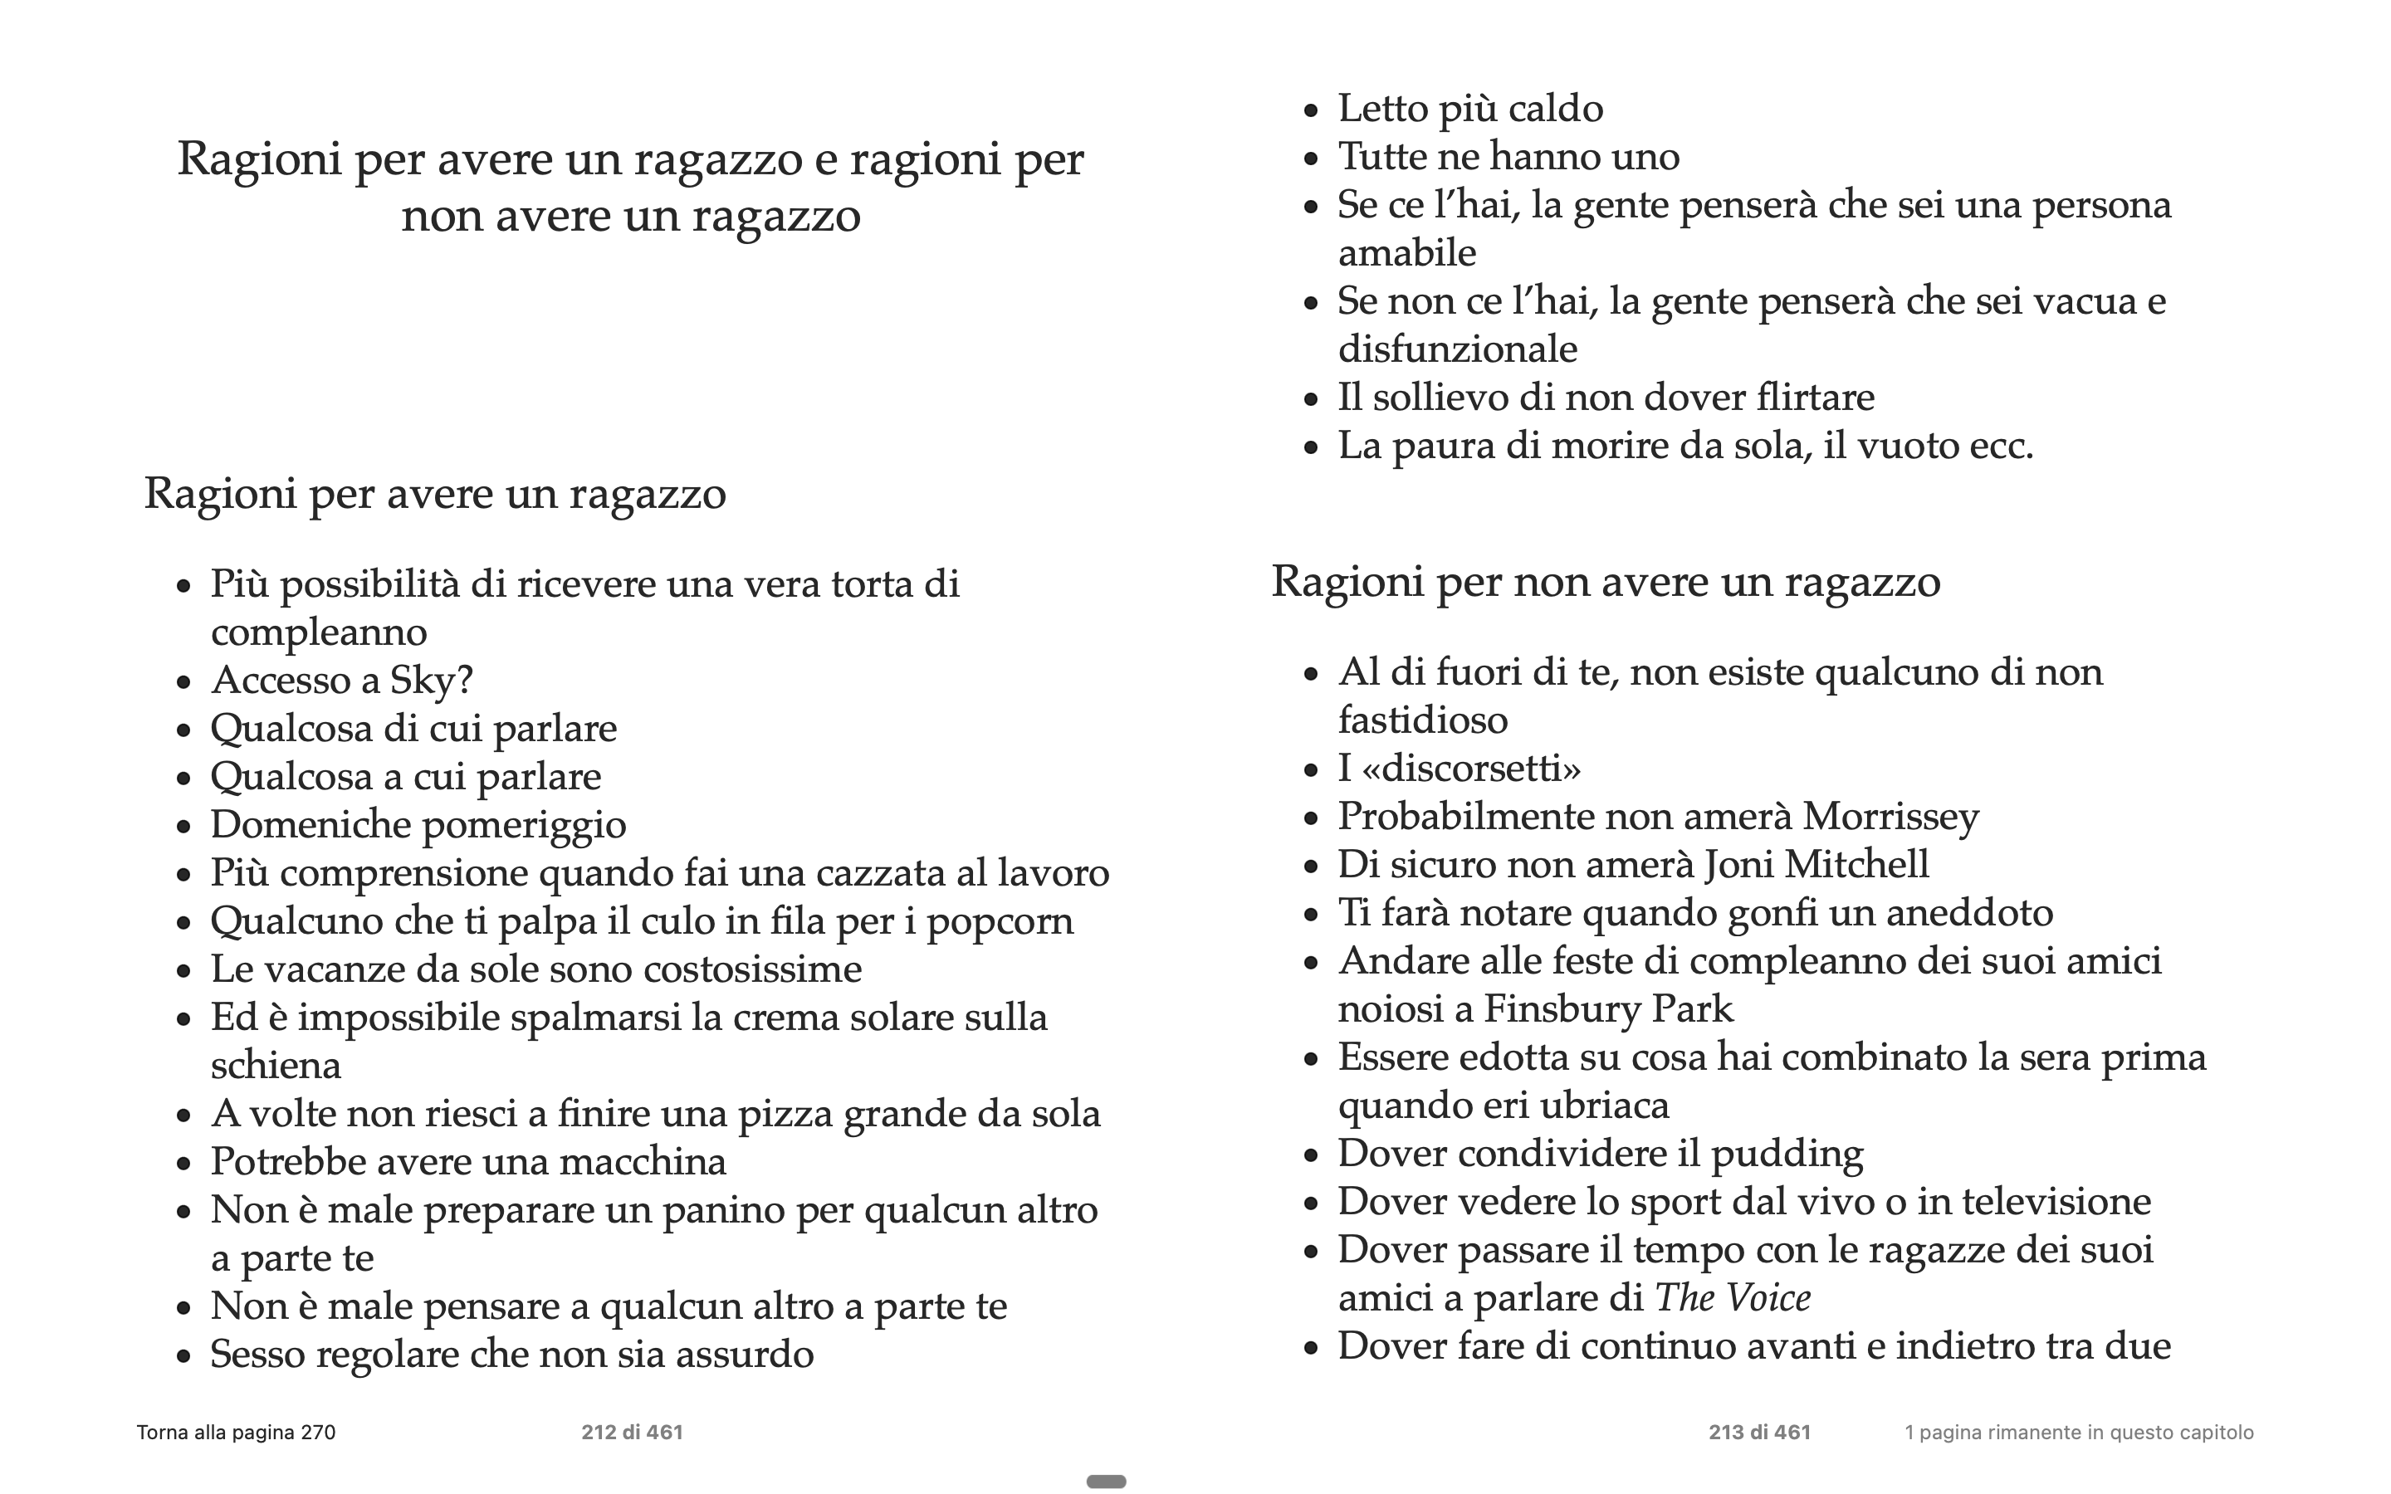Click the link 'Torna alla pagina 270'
[236, 1433]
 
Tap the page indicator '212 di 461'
[633, 1433]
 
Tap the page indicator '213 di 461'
[1760, 1433]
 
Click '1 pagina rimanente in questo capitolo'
[2079, 1433]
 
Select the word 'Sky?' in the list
[432, 681]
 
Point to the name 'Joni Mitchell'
[1816, 866]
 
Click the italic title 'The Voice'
[1732, 1298]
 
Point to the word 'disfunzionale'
[1457, 349]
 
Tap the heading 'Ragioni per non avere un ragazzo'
[1606, 581]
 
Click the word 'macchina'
[643, 1162]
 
